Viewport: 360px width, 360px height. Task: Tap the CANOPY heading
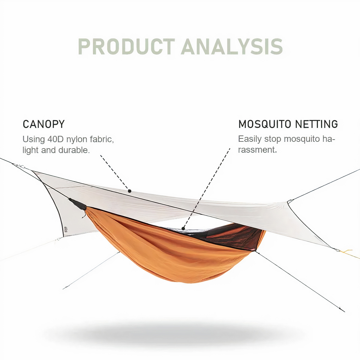click(44, 124)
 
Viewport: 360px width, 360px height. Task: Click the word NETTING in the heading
click(317, 124)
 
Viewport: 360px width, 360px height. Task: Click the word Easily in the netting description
click(250, 139)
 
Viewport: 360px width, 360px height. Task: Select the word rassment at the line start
click(257, 150)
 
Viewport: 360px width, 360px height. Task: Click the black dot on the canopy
click(130, 191)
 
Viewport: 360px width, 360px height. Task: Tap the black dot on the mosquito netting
click(183, 228)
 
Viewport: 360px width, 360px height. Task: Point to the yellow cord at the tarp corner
click(349, 253)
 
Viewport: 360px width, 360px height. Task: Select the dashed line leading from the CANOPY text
click(114, 172)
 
